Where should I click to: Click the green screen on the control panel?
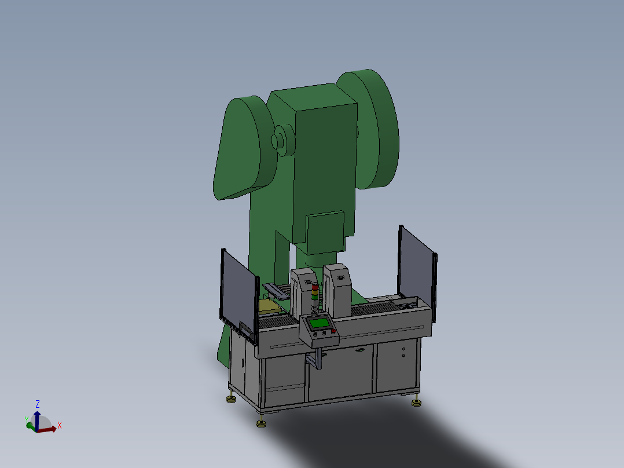point(320,323)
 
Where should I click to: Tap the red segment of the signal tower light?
point(315,287)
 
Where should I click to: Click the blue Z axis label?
point(38,404)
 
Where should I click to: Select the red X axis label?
point(59,425)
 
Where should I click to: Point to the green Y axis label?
point(27,420)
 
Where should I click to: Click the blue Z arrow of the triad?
point(37,420)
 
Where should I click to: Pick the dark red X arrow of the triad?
point(47,429)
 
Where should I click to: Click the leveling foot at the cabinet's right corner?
point(416,401)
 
